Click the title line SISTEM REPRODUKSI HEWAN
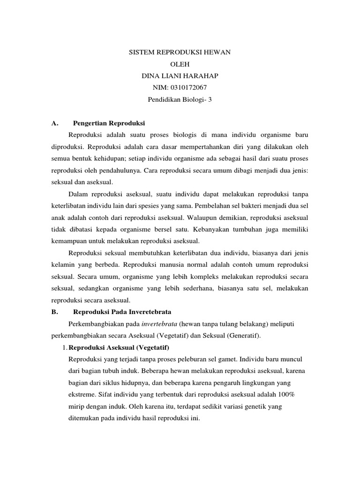tap(180, 53)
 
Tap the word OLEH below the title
tap(180, 65)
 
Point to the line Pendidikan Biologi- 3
tap(180, 100)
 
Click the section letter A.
tap(54, 123)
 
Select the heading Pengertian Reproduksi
tap(109, 123)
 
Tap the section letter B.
tap(54, 311)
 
